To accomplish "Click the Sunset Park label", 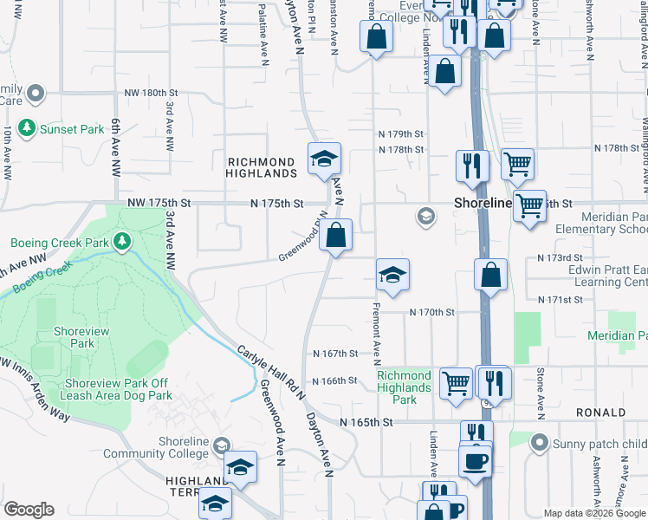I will pos(74,129).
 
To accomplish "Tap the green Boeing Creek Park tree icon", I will pos(122,239).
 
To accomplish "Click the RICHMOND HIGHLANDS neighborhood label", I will pos(262,167).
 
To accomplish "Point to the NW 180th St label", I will pos(150,93).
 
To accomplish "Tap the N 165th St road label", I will pos(367,422).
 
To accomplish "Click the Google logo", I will pos(29,510).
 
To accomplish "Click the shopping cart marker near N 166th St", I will pos(456,381).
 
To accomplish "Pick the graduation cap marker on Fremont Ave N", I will pos(392,275).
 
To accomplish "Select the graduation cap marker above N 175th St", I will pos(324,159).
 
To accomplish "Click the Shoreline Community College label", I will pos(159,447).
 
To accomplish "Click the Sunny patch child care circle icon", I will pos(540,444).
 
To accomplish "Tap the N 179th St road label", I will pos(399,134).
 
